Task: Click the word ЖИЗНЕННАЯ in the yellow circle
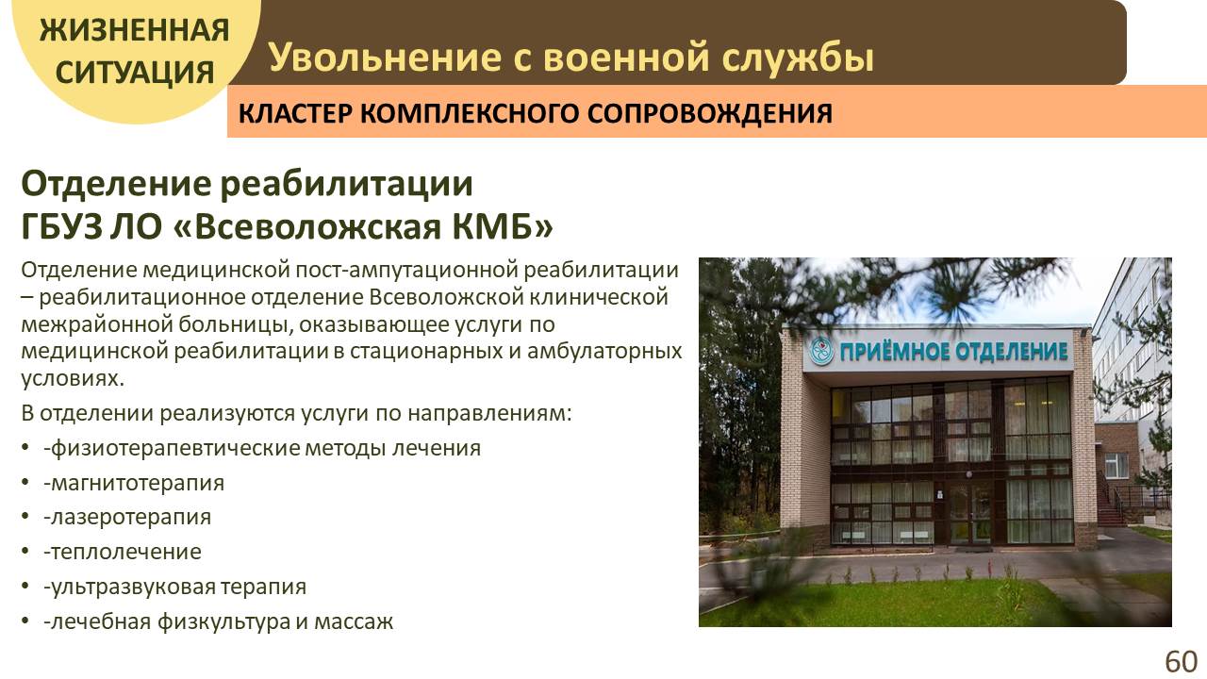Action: click(135, 30)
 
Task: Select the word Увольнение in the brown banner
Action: click(385, 57)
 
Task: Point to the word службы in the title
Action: click(798, 58)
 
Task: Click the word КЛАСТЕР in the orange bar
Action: click(295, 114)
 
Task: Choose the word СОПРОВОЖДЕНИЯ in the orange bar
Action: click(710, 114)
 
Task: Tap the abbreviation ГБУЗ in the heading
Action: click(61, 227)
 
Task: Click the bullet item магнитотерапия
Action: click(134, 483)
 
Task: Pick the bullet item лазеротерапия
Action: click(127, 518)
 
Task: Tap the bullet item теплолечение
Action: click(123, 552)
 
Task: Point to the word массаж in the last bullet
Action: click(354, 621)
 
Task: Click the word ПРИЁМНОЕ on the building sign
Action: click(895, 352)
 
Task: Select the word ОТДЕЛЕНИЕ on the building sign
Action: click(1012, 352)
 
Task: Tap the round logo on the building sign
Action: click(821, 351)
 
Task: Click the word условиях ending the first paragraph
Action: click(73, 379)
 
